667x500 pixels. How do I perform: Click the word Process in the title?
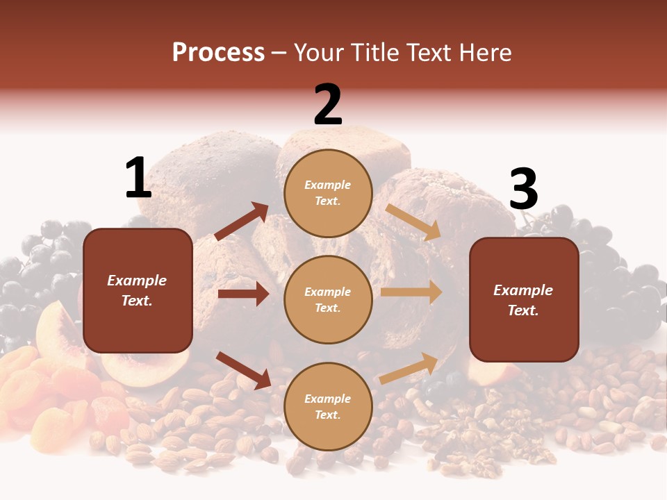tap(218, 52)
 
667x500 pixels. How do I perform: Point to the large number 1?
tap(138, 178)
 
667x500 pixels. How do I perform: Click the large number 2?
tap(328, 105)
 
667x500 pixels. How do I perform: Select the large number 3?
tap(523, 190)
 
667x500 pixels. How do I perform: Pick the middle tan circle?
tap(328, 299)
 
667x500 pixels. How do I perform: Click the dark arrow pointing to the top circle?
tap(242, 222)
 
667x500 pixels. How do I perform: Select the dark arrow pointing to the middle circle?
tap(243, 294)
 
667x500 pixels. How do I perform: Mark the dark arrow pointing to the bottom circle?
tap(243, 370)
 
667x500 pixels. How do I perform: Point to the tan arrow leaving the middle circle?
tap(411, 292)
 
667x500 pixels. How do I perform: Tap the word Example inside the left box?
tap(137, 281)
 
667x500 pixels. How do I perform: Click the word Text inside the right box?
tap(523, 310)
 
